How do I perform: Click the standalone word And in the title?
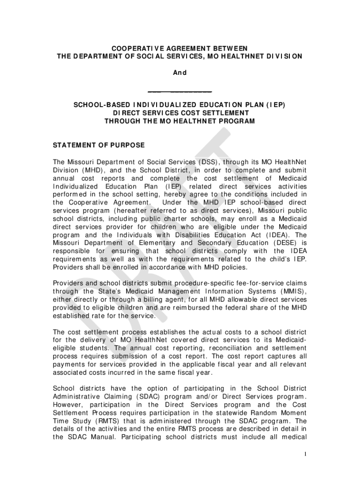coord(180,73)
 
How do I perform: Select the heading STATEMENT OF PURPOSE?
coord(99,145)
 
